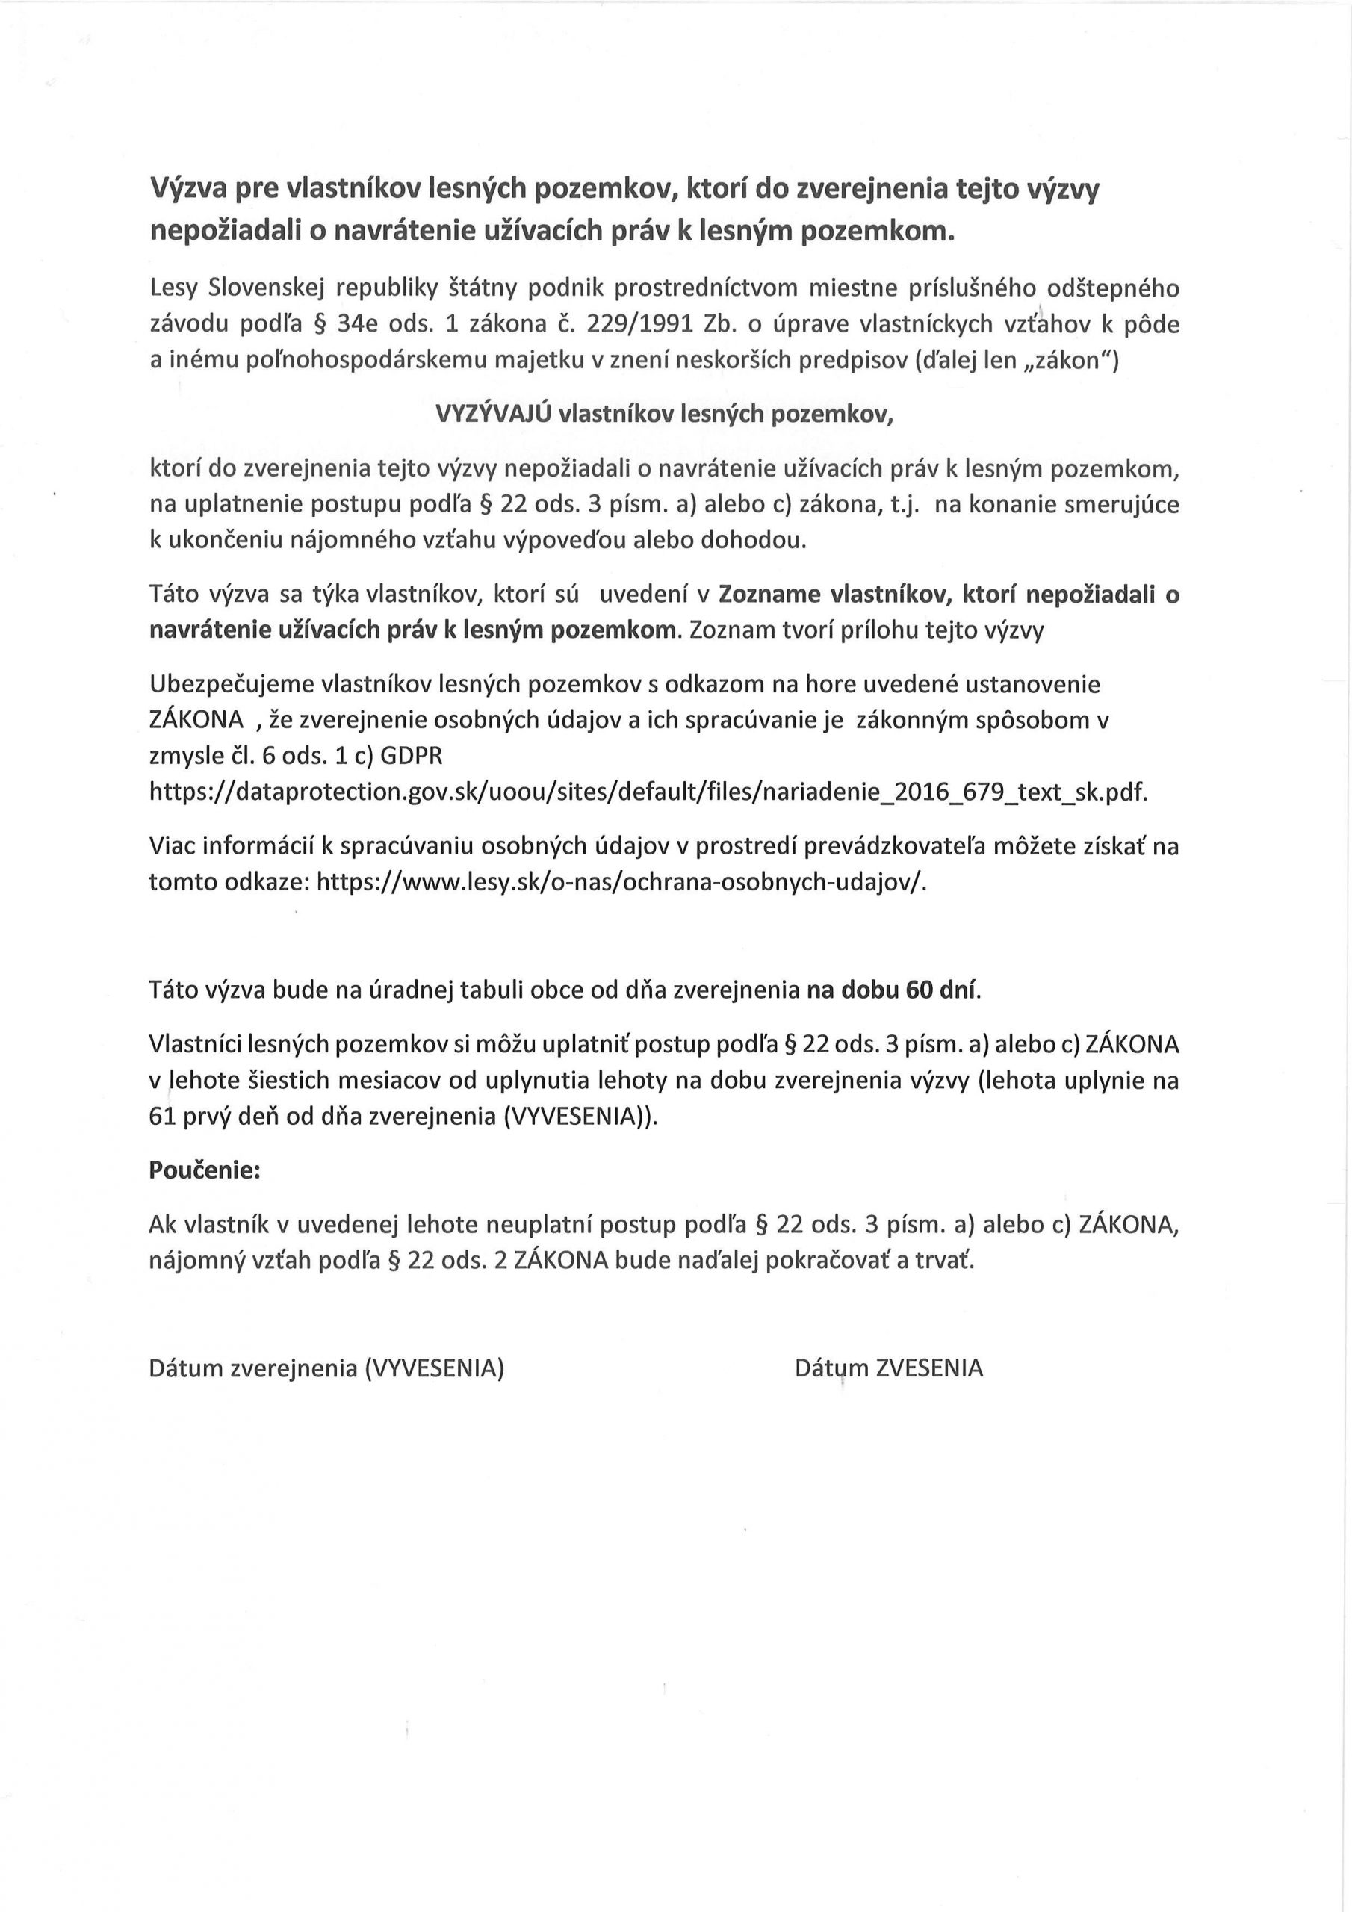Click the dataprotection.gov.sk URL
pos(648,791)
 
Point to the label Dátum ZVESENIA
pos(889,1368)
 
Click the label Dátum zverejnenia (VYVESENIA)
pos(326,1368)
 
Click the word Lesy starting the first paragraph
pos(173,288)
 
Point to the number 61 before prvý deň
pos(161,1117)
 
